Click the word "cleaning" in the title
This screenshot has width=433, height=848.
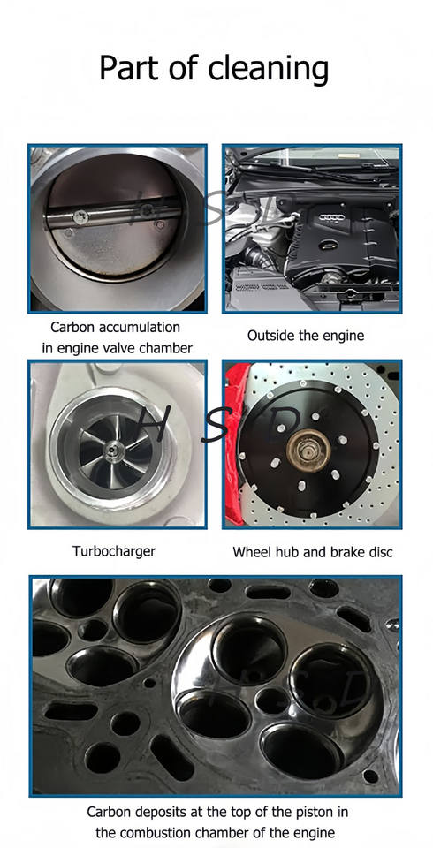tap(268, 70)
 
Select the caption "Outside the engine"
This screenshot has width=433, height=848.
tap(306, 336)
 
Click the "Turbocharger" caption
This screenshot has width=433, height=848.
tap(114, 551)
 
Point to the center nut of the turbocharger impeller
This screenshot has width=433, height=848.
tap(111, 447)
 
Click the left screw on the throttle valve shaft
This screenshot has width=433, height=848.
tap(79, 217)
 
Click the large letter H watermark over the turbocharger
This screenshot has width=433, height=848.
tap(153, 428)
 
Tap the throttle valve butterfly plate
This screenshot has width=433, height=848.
tap(115, 217)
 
